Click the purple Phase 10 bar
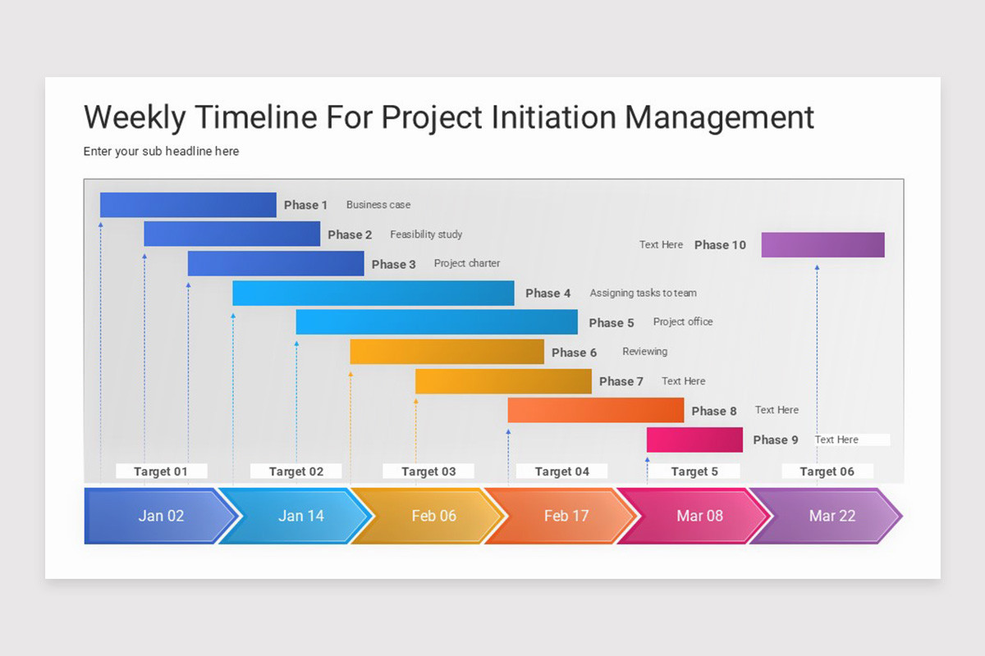(x=822, y=245)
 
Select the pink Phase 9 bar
(x=694, y=440)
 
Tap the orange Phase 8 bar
(x=595, y=410)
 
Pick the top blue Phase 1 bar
(x=188, y=205)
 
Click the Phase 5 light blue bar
(x=437, y=322)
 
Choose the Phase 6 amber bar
(x=447, y=352)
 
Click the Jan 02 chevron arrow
(x=161, y=516)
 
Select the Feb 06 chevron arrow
(x=433, y=516)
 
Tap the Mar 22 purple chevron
(x=832, y=516)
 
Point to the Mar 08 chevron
(x=699, y=516)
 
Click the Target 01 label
(x=161, y=471)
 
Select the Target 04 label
(x=562, y=471)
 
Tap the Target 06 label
(x=827, y=471)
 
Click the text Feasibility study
(x=426, y=235)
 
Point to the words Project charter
(x=466, y=263)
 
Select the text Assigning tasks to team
(x=643, y=293)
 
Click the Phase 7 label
(x=621, y=381)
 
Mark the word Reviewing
(x=644, y=352)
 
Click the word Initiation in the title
(x=554, y=117)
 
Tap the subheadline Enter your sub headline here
(x=161, y=152)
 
